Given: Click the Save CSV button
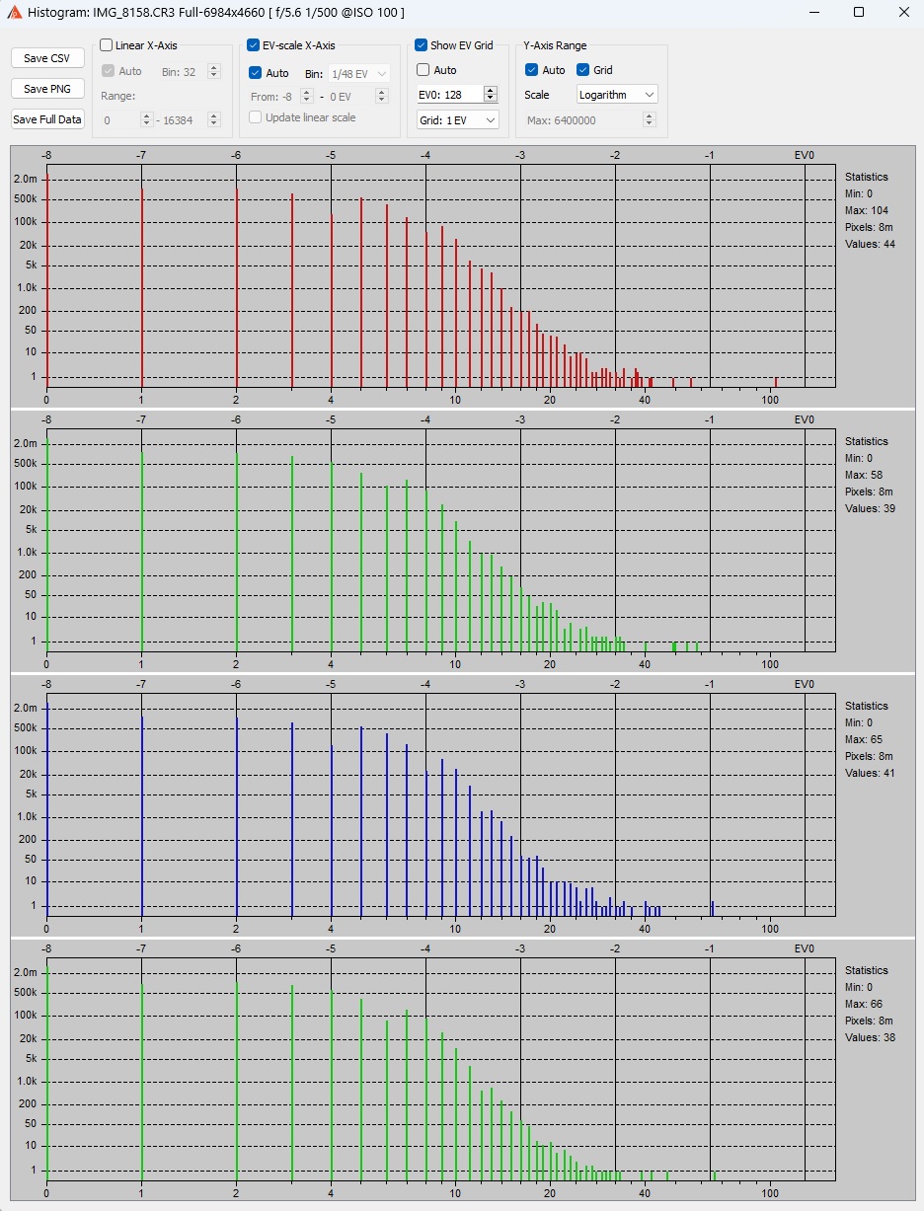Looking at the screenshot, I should pyautogui.click(x=47, y=58).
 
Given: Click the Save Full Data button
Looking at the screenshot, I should pyautogui.click(x=47, y=119).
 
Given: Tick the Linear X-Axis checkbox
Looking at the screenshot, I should pyautogui.click(x=107, y=45).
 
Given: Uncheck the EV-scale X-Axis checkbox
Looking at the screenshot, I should pyautogui.click(x=254, y=45).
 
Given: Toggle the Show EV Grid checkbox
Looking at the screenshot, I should pyautogui.click(x=422, y=45).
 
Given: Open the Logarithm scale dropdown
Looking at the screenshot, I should pyautogui.click(x=617, y=95).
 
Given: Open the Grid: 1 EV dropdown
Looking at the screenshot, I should pyautogui.click(x=457, y=119).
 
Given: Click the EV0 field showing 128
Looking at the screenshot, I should pyautogui.click(x=450, y=94).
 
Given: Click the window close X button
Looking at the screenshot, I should pyautogui.click(x=903, y=12).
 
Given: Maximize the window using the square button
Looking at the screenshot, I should pyautogui.click(x=859, y=12).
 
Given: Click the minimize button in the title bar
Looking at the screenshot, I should pyautogui.click(x=814, y=12).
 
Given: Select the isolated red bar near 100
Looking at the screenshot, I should pyautogui.click(x=776, y=381).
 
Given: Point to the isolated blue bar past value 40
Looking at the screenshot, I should pyautogui.click(x=713, y=907).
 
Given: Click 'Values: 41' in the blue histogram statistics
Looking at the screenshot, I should pyautogui.click(x=870, y=773).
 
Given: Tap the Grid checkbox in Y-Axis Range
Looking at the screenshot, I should pyautogui.click(x=582, y=70).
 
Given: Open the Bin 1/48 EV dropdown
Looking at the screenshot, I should pyautogui.click(x=359, y=73).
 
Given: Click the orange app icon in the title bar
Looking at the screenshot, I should pyautogui.click(x=14, y=12).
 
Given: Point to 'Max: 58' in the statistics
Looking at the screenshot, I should pyautogui.click(x=864, y=475).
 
